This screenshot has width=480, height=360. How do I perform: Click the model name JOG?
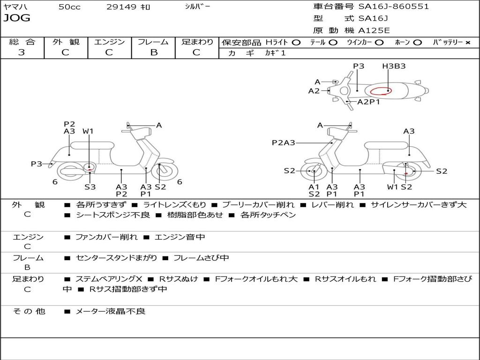pos(17,18)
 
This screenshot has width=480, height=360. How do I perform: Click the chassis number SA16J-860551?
pos(394,7)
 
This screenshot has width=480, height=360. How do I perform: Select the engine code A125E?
pos(374,30)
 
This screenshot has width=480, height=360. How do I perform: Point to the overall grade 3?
pos(22,52)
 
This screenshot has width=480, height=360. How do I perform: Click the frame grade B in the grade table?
pos(154,52)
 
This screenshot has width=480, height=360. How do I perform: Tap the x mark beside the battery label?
pos(468,43)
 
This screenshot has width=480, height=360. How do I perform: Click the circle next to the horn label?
pos(418,43)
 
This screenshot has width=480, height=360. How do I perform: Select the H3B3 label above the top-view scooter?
pos(394,66)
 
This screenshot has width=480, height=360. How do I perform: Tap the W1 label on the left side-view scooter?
pos(88,131)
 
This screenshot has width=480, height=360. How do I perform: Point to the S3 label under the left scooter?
pos(90,187)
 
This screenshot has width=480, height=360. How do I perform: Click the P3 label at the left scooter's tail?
pos(36,164)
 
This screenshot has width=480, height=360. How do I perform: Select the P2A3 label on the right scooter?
pos(283,142)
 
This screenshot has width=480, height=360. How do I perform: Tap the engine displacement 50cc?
pos(69,7)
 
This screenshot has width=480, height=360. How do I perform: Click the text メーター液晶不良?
pos(110,311)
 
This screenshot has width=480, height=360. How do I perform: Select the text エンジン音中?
pos(180,237)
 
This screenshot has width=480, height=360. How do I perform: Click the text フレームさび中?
pos(201,258)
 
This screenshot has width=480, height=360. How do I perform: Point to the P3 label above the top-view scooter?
pos(359,66)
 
